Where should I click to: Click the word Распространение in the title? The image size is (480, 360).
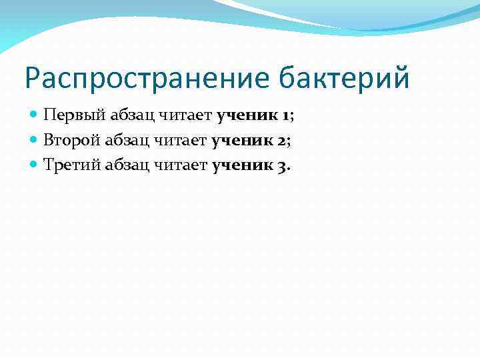point(147,79)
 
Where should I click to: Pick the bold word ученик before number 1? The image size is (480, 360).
point(247,115)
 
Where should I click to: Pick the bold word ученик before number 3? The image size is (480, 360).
point(243,165)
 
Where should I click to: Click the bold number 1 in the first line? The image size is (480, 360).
point(285,115)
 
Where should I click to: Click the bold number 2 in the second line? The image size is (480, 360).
point(282,140)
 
